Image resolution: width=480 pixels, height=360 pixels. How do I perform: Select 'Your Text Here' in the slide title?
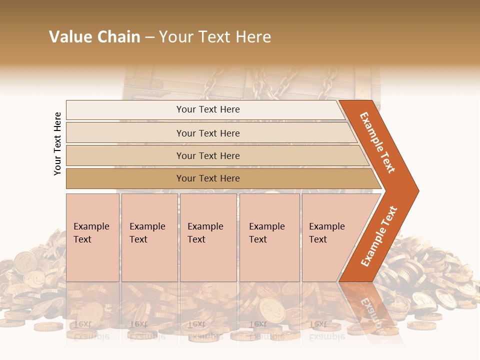click(x=215, y=37)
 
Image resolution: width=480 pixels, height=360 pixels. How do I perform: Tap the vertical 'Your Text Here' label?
click(x=57, y=143)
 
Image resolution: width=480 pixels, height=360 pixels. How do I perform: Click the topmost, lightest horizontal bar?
click(x=207, y=109)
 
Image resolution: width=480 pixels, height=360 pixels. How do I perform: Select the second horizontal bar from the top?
click(x=207, y=133)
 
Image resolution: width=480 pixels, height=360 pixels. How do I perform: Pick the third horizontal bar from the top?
click(x=207, y=155)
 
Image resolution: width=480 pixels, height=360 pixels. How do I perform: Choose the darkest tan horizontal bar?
click(x=207, y=178)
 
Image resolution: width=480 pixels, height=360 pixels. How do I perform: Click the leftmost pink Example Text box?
click(x=92, y=237)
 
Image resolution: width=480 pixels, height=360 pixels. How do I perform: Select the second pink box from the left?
click(x=149, y=237)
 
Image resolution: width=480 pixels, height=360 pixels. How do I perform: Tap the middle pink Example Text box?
click(x=208, y=237)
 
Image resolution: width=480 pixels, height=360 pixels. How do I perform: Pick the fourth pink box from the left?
click(x=269, y=237)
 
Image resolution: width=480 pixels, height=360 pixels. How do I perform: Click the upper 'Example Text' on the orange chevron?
click(x=377, y=142)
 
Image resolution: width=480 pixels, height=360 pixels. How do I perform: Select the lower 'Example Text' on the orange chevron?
click(x=379, y=236)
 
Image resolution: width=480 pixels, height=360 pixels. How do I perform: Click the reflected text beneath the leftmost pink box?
click(x=91, y=330)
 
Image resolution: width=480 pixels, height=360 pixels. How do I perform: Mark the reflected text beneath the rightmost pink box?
click(x=326, y=330)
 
